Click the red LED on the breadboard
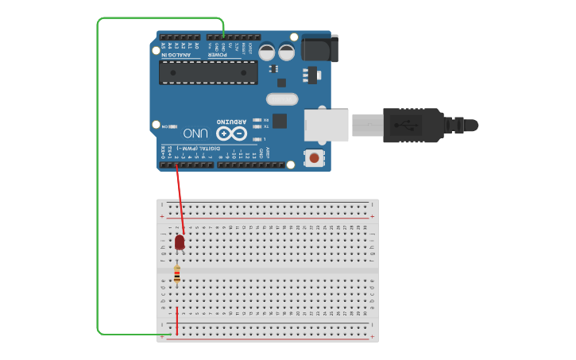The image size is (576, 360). coord(180,242)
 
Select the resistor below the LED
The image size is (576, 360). coord(176,274)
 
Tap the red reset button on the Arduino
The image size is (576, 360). coord(315,158)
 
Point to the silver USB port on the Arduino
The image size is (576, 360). coord(327,126)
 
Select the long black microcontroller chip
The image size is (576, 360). coord(208,72)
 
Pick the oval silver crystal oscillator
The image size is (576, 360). coord(281,99)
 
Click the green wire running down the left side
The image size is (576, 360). coord(98,175)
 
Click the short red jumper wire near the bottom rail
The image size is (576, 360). coord(176,321)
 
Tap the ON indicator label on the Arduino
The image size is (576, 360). coord(165,126)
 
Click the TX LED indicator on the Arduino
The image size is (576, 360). coord(257,126)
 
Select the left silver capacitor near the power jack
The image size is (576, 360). coord(267,52)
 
